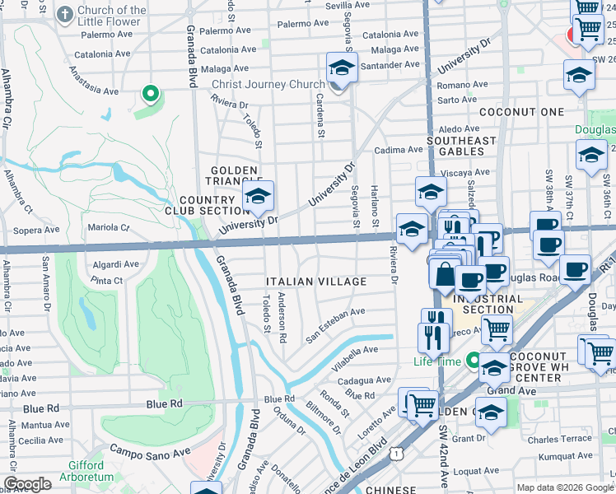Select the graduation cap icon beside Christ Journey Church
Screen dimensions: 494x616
click(x=342, y=68)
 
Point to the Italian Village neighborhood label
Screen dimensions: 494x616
click(x=315, y=282)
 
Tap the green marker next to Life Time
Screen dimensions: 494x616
click(x=473, y=360)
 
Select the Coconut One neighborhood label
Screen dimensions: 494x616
click(x=521, y=112)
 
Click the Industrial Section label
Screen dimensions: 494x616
click(x=477, y=303)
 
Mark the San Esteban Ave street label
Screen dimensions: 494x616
click(x=335, y=324)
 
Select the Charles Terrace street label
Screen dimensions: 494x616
click(x=560, y=439)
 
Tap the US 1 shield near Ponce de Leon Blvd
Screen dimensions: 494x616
click(x=399, y=453)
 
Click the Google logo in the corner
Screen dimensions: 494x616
click(x=28, y=484)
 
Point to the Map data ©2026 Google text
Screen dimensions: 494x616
click(x=564, y=487)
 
